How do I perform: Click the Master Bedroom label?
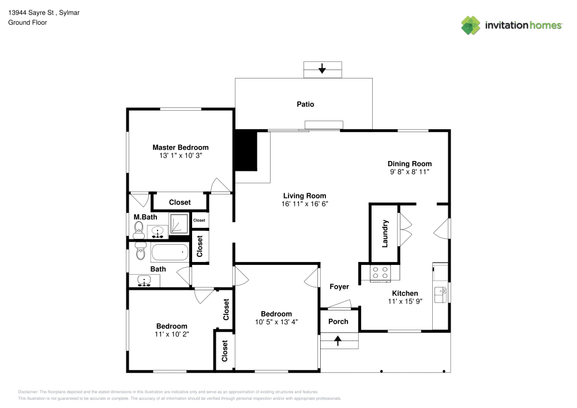pos(180,147)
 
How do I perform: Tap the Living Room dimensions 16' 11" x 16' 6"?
pos(304,204)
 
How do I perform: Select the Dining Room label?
pos(409,164)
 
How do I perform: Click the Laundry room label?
pos(385,233)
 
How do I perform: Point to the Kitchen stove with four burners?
pos(380,272)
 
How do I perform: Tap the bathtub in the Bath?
pos(169,253)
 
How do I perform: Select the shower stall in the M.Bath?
pos(179,223)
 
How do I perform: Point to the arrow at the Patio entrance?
pos(322,70)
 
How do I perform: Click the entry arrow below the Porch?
pos(338,341)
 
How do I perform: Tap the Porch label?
pos(338,321)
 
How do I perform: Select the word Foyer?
pos(339,287)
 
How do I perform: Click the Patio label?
pos(305,104)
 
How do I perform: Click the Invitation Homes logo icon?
pos(471,25)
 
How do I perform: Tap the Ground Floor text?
pos(27,23)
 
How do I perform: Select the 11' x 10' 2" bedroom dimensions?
pos(171,334)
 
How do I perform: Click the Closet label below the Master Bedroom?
pos(179,203)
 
